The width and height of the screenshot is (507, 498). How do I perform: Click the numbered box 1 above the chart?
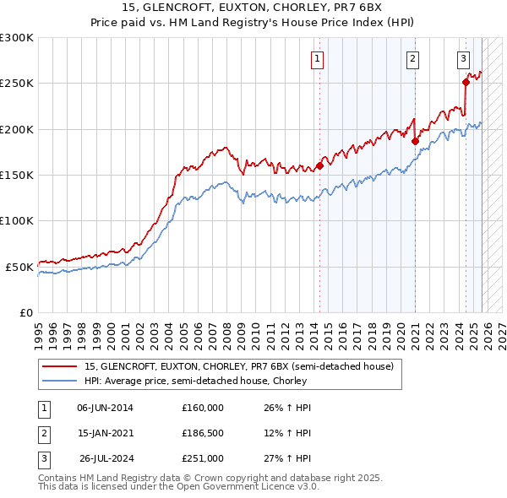click(x=317, y=58)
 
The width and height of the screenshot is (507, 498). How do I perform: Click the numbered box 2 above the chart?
click(x=412, y=58)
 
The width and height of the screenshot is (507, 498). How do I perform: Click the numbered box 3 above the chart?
click(x=464, y=58)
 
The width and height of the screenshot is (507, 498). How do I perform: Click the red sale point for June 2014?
click(x=319, y=165)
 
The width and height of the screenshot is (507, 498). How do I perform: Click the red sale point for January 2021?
click(x=415, y=141)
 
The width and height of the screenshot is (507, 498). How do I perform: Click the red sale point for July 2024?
click(x=466, y=82)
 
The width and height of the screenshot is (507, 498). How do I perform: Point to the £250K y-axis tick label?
click(x=17, y=84)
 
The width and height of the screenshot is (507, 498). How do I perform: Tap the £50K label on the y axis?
click(x=20, y=267)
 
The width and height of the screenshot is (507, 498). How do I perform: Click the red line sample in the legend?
click(x=60, y=366)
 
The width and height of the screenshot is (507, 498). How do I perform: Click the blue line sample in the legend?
click(x=60, y=381)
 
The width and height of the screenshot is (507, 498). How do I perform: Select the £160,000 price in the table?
click(x=202, y=408)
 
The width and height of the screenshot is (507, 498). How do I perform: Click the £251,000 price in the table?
click(x=202, y=458)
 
